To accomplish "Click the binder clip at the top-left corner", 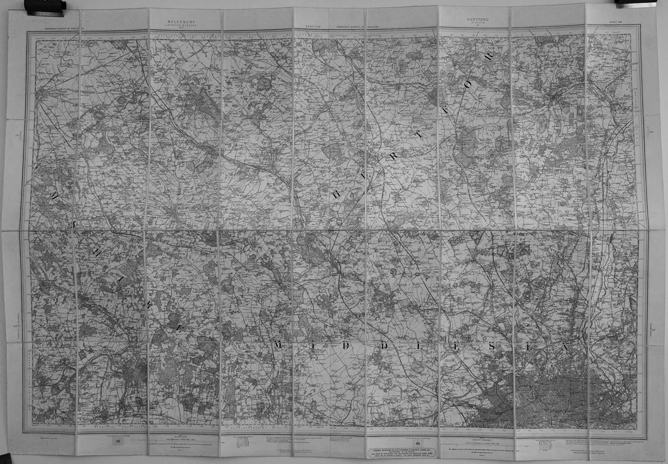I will click(x=45, y=6).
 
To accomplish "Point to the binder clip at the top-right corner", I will click(x=635, y=3).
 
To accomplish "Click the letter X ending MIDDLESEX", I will click(x=566, y=346).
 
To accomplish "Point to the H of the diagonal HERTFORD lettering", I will click(x=335, y=194).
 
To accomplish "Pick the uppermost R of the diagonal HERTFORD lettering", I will click(x=488, y=57).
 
